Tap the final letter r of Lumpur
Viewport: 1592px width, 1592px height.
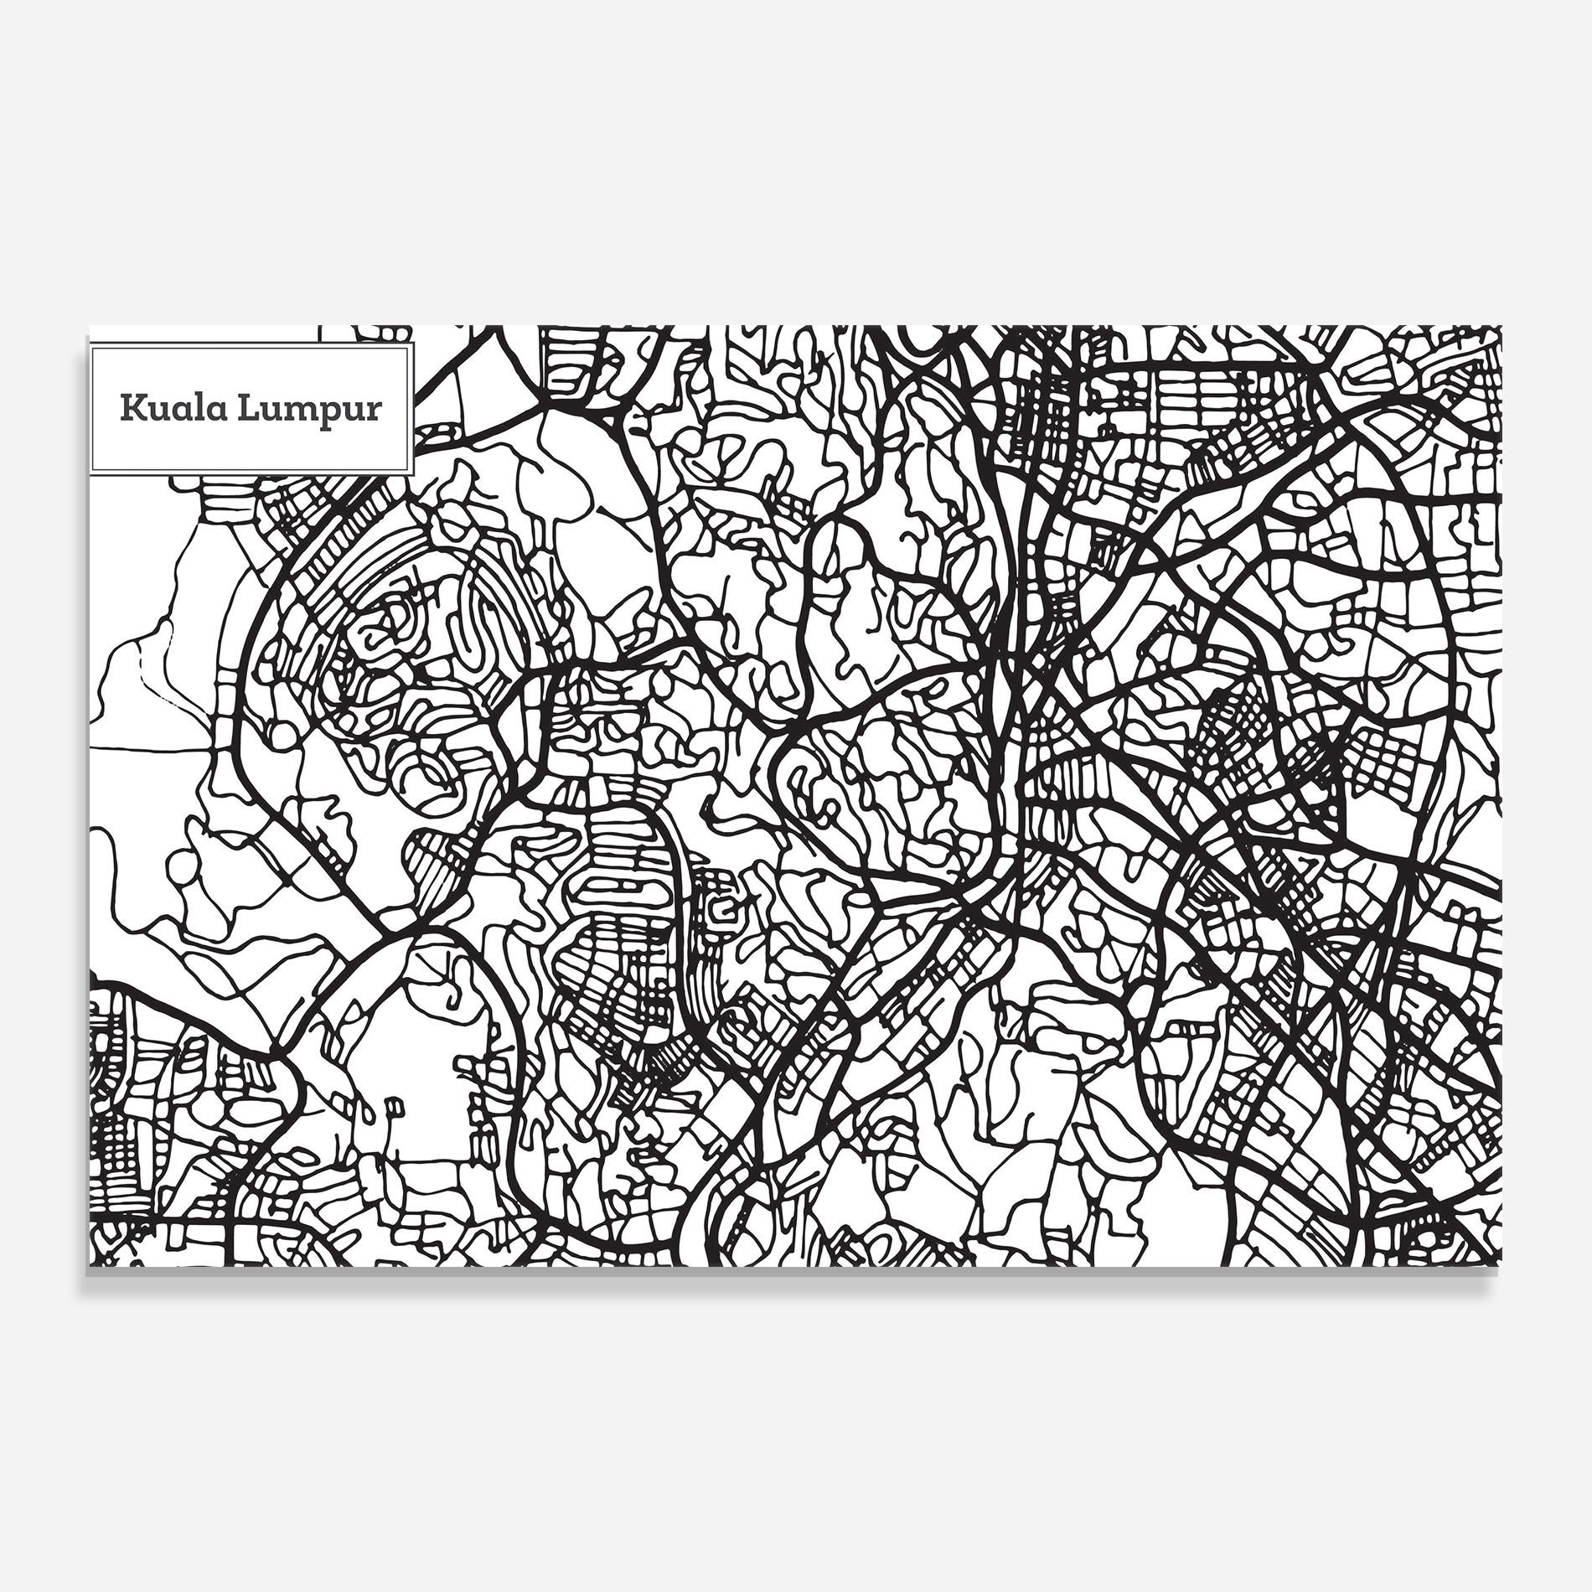[374, 411]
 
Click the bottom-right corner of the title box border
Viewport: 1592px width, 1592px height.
[413, 473]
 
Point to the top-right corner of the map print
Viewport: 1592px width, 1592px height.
[1502, 327]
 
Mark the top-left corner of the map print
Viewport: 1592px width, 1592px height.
[88, 327]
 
